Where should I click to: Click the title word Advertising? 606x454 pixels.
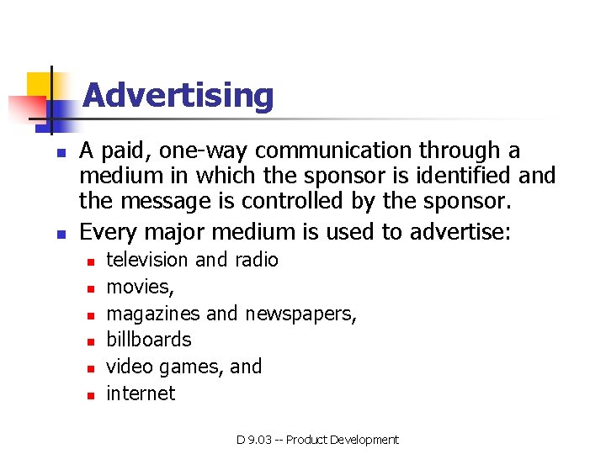(178, 96)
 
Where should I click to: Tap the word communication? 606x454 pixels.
(353, 151)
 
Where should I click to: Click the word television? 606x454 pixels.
(147, 260)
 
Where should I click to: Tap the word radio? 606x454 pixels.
(257, 260)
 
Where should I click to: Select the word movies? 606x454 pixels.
(139, 287)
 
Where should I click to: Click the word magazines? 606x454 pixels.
(153, 314)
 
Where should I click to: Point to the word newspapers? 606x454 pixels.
(300, 314)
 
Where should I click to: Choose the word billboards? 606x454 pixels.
(149, 340)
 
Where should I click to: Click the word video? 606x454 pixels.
(129, 367)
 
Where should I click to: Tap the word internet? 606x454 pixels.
(141, 393)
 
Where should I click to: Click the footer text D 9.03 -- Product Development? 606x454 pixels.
(317, 440)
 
